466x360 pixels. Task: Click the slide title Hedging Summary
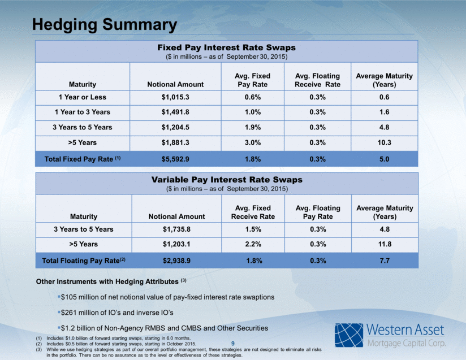(104, 25)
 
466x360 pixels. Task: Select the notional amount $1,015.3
(175, 97)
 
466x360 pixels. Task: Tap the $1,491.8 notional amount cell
(175, 112)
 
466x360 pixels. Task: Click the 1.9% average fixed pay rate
(253, 127)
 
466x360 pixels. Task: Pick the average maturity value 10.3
(384, 142)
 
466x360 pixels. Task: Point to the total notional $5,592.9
(175, 159)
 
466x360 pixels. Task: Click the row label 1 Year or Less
(83, 97)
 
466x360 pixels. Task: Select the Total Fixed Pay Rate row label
(83, 159)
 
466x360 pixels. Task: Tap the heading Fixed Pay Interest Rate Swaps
(226, 47)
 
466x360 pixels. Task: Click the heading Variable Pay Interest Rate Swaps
(227, 180)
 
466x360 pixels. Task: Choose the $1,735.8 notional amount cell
(176, 229)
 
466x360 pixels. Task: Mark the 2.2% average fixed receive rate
(253, 244)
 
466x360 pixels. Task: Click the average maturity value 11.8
(385, 244)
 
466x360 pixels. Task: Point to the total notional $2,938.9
(176, 261)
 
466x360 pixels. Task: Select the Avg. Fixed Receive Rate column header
(253, 212)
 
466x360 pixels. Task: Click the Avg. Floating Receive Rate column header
(317, 80)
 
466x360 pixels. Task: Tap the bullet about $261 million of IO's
(115, 313)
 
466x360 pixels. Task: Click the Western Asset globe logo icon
(349, 335)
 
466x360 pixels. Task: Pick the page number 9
(232, 344)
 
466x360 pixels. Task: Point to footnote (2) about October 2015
(116, 344)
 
